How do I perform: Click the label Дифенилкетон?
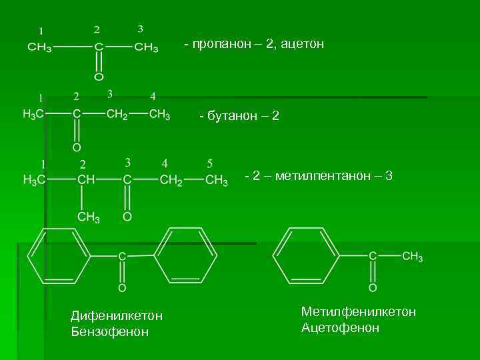[x=117, y=315]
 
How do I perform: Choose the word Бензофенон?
[x=110, y=331]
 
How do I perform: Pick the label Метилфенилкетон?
[x=359, y=312]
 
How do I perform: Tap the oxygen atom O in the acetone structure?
[x=98, y=77]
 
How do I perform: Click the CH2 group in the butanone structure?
[x=117, y=114]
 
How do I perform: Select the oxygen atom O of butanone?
[x=77, y=147]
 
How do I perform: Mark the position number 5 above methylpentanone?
[x=209, y=163]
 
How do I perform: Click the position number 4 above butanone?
[x=153, y=97]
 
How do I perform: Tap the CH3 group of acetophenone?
[x=412, y=257]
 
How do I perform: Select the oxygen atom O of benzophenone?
[x=122, y=288]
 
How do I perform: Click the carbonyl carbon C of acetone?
[x=98, y=48]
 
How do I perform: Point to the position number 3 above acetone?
[x=140, y=29]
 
